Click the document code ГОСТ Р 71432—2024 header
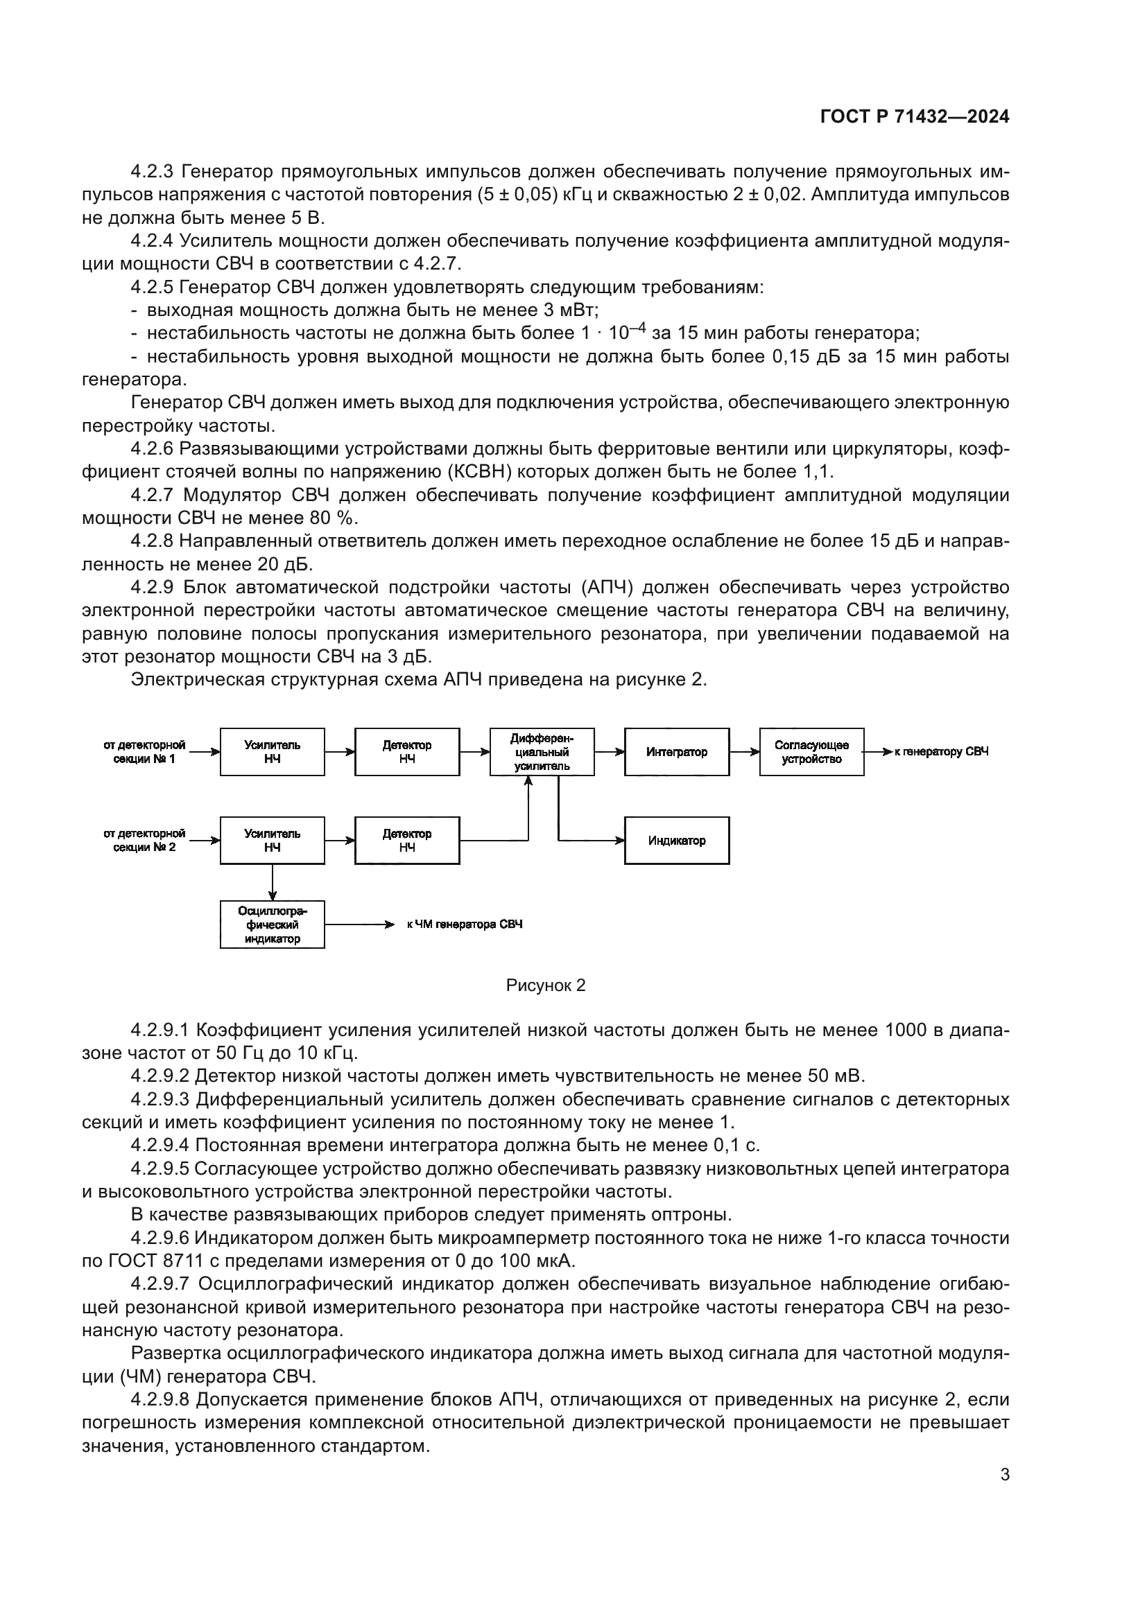click(x=914, y=117)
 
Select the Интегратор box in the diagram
click(x=676, y=752)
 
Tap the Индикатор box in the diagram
click(x=676, y=841)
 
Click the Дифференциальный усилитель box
click(x=542, y=752)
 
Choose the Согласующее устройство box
click(x=811, y=752)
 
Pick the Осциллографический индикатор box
click(x=272, y=925)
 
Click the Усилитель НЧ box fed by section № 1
click(x=272, y=752)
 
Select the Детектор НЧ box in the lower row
click(x=407, y=841)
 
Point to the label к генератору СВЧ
click(x=941, y=752)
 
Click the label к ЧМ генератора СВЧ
click(x=465, y=925)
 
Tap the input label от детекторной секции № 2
click(x=144, y=840)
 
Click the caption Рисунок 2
click(x=545, y=985)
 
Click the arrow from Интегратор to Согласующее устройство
click(x=744, y=752)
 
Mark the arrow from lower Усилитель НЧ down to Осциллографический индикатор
click(x=273, y=882)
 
